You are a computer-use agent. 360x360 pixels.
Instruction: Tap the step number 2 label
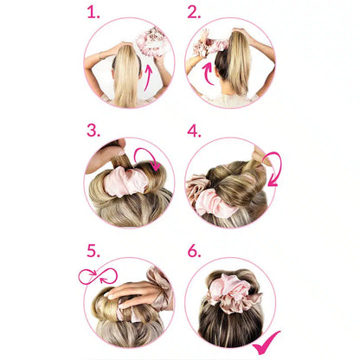pyautogui.click(x=194, y=12)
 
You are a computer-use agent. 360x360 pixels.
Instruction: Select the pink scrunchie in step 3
pyautogui.click(x=123, y=183)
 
